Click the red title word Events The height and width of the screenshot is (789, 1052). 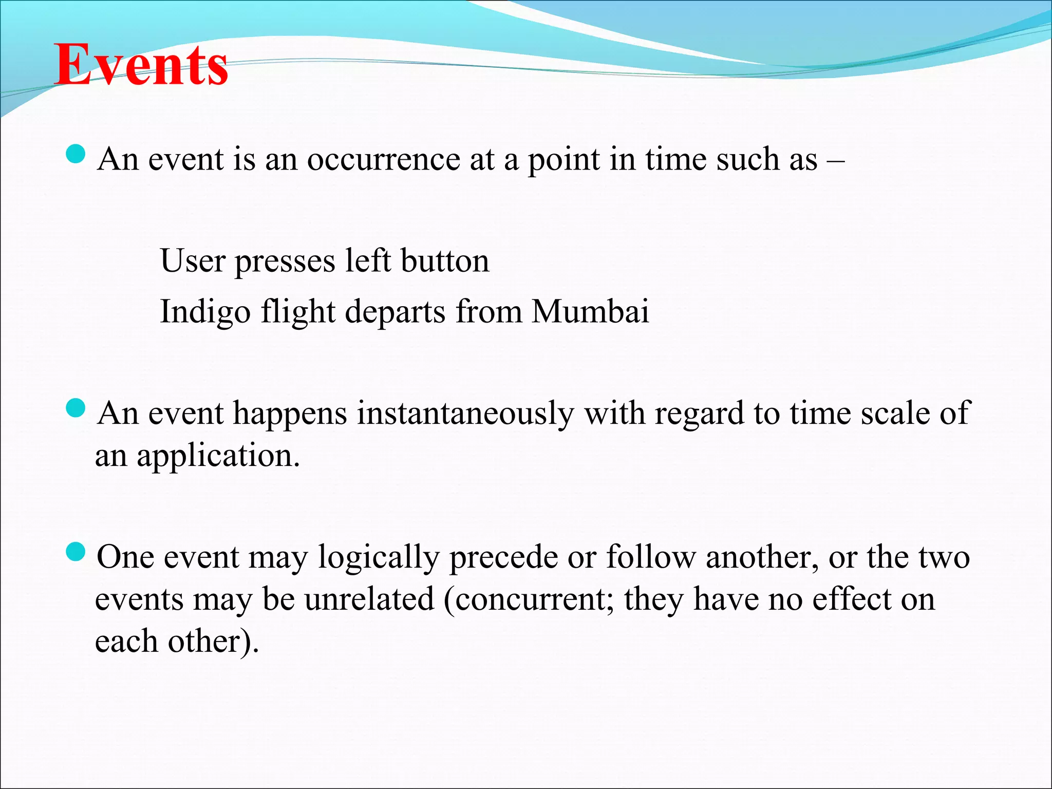pyautogui.click(x=141, y=65)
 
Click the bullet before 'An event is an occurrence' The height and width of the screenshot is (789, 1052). pyautogui.click(x=76, y=154)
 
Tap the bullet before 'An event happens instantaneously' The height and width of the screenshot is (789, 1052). pyautogui.click(x=76, y=409)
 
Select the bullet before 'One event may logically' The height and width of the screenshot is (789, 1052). pyautogui.click(x=76, y=553)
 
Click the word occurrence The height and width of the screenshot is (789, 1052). pyautogui.click(x=383, y=159)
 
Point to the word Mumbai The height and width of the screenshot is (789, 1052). pyautogui.click(x=590, y=311)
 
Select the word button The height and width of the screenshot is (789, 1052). pyautogui.click(x=444, y=260)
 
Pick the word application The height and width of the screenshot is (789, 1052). pyautogui.click(x=218, y=456)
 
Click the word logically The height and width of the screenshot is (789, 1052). pyautogui.click(x=379, y=558)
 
